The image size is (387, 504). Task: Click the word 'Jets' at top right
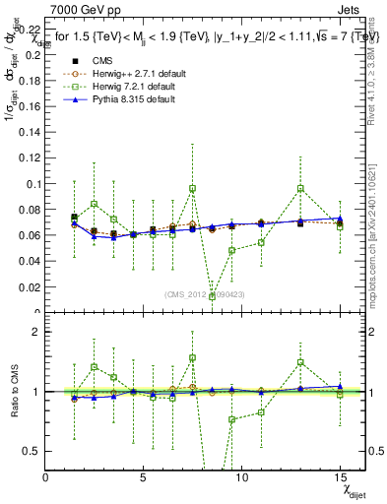point(349,8)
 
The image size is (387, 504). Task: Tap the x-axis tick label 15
point(340,477)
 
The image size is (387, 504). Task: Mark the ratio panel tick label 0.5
point(32,451)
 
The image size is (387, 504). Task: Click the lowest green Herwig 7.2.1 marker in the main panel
point(213,296)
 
